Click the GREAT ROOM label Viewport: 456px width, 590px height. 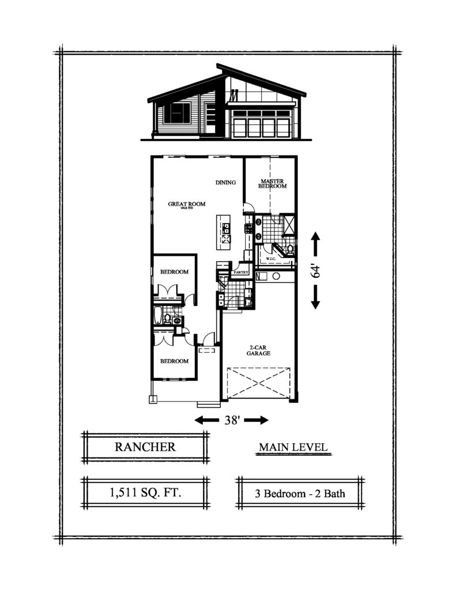point(183,205)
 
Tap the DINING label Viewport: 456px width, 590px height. point(225,183)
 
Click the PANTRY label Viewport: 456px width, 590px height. point(240,272)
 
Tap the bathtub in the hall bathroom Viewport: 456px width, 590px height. point(157,316)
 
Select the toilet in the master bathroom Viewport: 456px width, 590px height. point(289,249)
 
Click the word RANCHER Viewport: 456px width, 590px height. point(145,447)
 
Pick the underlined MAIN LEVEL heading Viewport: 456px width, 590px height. point(293,447)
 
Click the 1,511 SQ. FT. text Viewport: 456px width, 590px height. point(145,493)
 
